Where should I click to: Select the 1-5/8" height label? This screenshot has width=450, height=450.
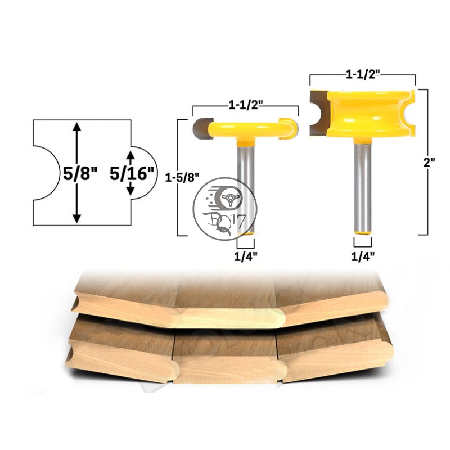pyautogui.click(x=182, y=178)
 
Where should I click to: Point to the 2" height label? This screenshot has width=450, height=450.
pyautogui.click(x=429, y=163)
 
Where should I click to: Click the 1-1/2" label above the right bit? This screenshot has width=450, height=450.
pyautogui.click(x=363, y=75)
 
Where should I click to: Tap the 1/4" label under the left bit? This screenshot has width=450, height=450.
pyautogui.click(x=246, y=257)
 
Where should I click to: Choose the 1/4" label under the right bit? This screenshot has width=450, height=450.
pyautogui.click(x=363, y=256)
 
